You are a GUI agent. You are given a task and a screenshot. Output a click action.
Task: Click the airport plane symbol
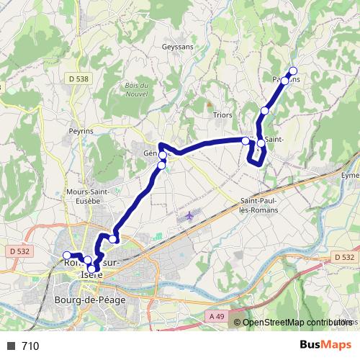tap(189, 215)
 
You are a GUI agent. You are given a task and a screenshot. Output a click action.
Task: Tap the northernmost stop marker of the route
tap(293, 70)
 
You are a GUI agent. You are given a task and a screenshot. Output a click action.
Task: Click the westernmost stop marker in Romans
tap(67, 255)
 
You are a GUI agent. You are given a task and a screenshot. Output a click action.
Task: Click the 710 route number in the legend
tap(30, 346)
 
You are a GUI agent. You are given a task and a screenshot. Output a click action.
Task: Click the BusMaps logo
tap(325, 346)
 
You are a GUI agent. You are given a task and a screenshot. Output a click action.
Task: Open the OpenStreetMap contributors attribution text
tap(297, 323)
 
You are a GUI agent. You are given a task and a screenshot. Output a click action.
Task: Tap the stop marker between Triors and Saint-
tap(246, 140)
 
